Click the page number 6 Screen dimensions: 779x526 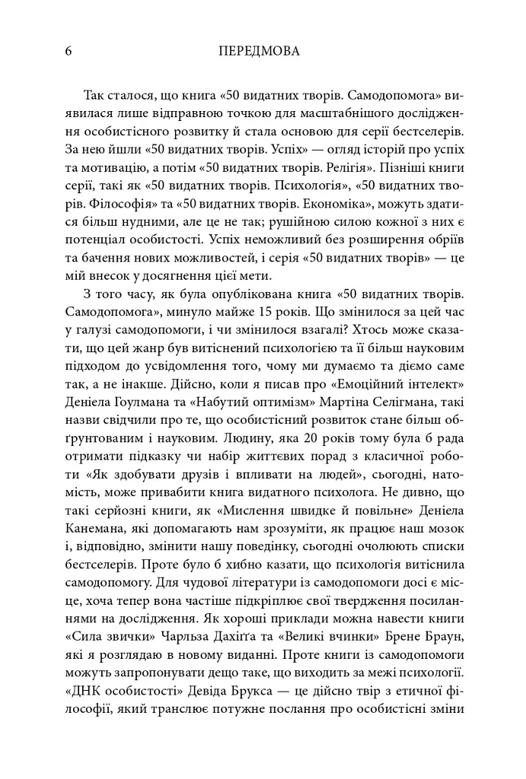(70, 52)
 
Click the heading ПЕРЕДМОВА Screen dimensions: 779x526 (258, 52)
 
